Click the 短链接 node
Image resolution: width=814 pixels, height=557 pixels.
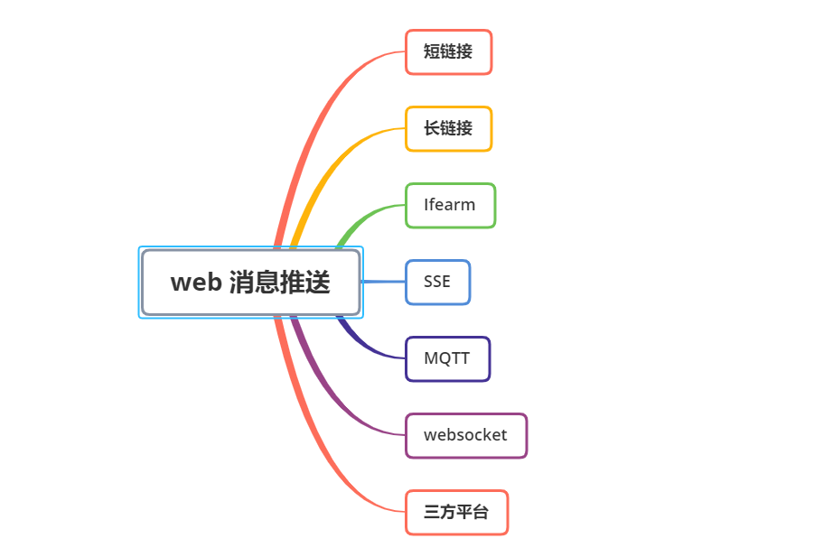448,52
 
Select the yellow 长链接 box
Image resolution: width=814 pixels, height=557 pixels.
448,129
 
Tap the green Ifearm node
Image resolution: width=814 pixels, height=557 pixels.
450,206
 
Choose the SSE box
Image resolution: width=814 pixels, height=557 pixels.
437,283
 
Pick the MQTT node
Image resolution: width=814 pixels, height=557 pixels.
447,359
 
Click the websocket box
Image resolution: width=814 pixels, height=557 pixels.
465,436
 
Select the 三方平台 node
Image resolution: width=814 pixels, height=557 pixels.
456,513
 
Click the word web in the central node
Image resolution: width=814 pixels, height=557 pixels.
196,283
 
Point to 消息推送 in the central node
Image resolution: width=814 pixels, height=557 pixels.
279,283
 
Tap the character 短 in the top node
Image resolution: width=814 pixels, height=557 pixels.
432,52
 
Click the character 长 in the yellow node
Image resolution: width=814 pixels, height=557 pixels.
432,129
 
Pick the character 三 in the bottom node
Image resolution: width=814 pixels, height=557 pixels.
432,513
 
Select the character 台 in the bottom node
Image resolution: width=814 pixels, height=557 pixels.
481,513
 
